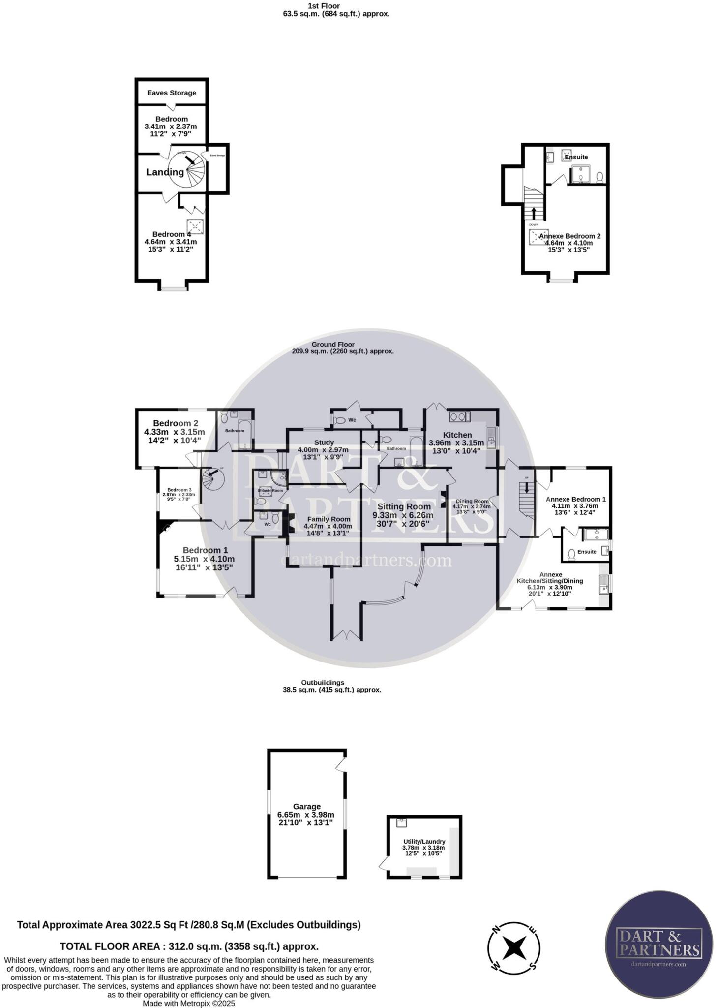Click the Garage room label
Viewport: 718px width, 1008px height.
point(306,806)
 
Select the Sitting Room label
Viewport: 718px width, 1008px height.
point(404,506)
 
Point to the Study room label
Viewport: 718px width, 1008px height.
point(324,442)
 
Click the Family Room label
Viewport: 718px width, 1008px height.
point(329,519)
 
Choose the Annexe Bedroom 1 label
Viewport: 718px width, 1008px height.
point(575,499)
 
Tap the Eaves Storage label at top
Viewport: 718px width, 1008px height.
point(172,93)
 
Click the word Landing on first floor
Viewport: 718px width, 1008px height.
point(165,172)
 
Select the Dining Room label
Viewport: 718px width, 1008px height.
point(472,502)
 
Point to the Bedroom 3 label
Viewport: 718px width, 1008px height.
point(179,490)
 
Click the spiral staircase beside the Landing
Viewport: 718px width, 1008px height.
point(187,168)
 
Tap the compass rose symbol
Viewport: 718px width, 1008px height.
point(513,946)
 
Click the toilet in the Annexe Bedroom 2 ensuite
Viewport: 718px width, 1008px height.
point(599,176)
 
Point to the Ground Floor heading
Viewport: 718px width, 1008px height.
point(333,345)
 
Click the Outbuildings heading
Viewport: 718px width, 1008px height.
point(323,683)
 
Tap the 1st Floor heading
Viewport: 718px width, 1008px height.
point(324,6)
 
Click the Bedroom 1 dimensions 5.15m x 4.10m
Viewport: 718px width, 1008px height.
point(204,559)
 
